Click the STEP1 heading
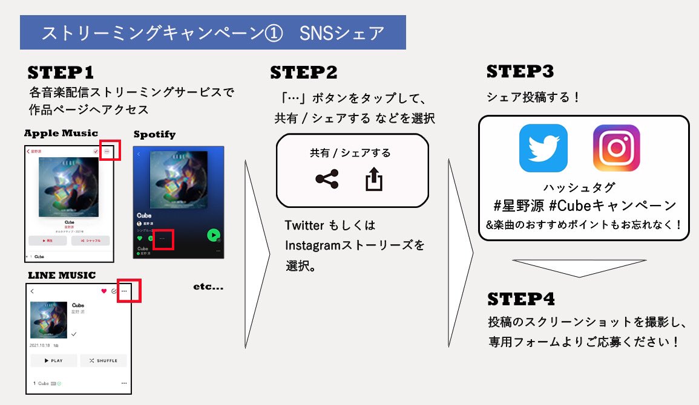tap(61, 74)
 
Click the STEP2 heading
tap(303, 73)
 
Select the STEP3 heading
tap(520, 72)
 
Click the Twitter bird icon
tap(543, 148)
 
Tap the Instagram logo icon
tap(616, 148)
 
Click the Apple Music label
tap(61, 133)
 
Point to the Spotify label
tap(154, 134)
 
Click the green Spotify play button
tap(213, 235)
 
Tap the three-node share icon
tap(327, 180)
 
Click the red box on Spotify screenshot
tap(163, 239)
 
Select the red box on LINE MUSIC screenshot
tap(129, 291)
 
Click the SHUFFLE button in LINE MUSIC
tap(103, 360)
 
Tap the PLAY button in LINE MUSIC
tap(54, 360)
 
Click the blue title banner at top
tap(212, 33)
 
